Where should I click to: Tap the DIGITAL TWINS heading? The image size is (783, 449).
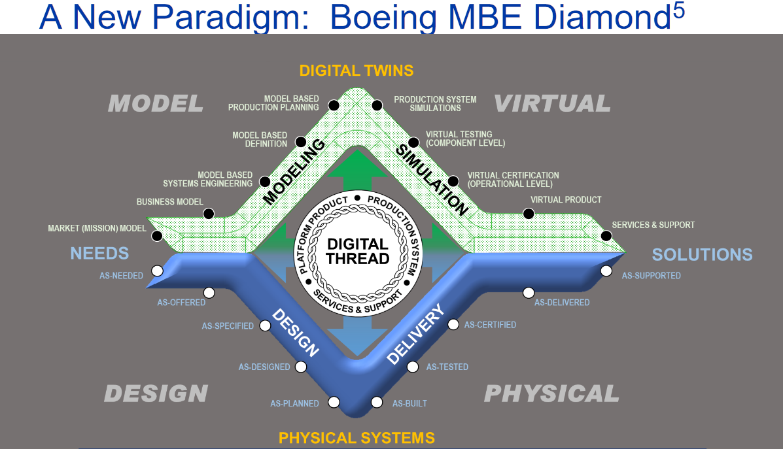[357, 70]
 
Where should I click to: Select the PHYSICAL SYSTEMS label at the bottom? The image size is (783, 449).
[357, 437]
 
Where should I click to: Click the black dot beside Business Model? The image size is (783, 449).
[209, 214]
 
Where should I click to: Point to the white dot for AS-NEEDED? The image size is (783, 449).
[157, 271]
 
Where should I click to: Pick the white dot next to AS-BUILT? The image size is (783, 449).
[376, 402]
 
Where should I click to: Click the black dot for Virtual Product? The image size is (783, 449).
[529, 214]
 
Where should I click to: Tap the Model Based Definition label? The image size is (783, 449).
[260, 139]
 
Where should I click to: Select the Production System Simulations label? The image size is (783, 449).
[435, 103]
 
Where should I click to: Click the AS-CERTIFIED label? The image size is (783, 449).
[490, 325]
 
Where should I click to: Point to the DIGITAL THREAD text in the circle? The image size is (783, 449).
[358, 252]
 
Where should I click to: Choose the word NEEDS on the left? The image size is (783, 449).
[99, 253]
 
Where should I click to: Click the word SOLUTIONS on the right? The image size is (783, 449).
[702, 254]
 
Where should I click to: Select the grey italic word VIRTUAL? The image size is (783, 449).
[552, 103]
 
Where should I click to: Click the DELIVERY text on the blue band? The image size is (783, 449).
[415, 334]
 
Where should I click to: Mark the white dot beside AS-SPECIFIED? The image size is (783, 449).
[265, 325]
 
